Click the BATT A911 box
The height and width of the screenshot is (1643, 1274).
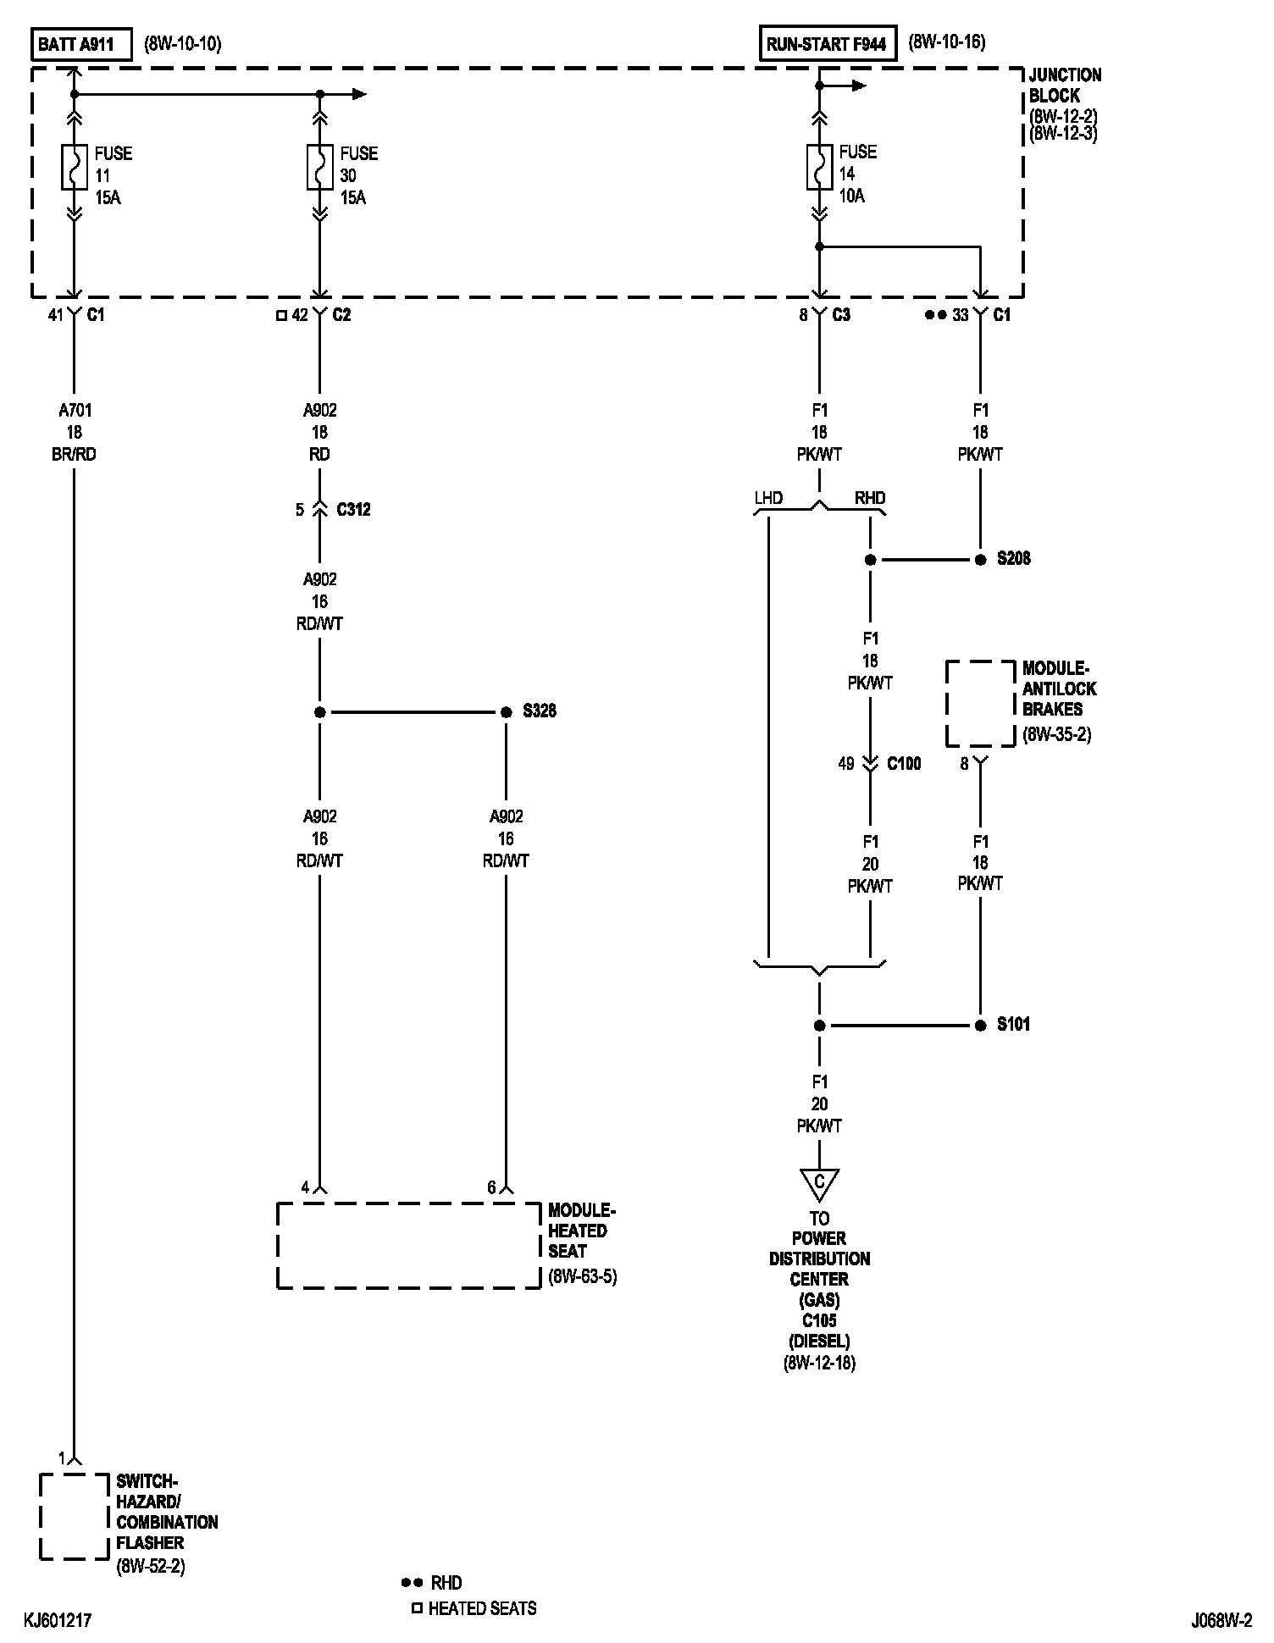coord(81,45)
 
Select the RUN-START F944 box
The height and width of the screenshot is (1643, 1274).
coord(826,44)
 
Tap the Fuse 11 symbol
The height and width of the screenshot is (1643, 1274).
coord(74,167)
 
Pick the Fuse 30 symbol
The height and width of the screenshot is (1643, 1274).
coord(319,167)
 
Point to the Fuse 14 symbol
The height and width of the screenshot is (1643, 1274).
coord(819,166)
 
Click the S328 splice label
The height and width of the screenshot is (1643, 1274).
coord(539,711)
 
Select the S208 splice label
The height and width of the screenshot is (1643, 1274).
coord(1013,559)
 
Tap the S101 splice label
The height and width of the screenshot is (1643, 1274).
coord(1013,1025)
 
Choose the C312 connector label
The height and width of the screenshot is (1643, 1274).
coord(353,510)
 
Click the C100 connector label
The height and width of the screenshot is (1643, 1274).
coord(904,764)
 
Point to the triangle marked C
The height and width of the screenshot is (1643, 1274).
coord(819,1183)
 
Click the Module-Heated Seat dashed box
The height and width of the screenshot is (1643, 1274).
coord(408,1245)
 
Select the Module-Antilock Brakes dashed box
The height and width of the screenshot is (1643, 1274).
coord(980,704)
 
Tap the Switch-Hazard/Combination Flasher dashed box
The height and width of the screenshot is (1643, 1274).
coord(74,1516)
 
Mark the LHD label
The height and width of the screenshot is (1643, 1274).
coord(768,498)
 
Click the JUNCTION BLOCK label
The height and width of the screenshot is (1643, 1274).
coord(1065,85)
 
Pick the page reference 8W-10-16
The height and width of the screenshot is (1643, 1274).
coord(947,42)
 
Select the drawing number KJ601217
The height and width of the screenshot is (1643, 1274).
coord(58,1621)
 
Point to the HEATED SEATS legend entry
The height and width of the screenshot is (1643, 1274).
coord(482,1608)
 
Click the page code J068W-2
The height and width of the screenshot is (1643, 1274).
coord(1221,1621)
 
